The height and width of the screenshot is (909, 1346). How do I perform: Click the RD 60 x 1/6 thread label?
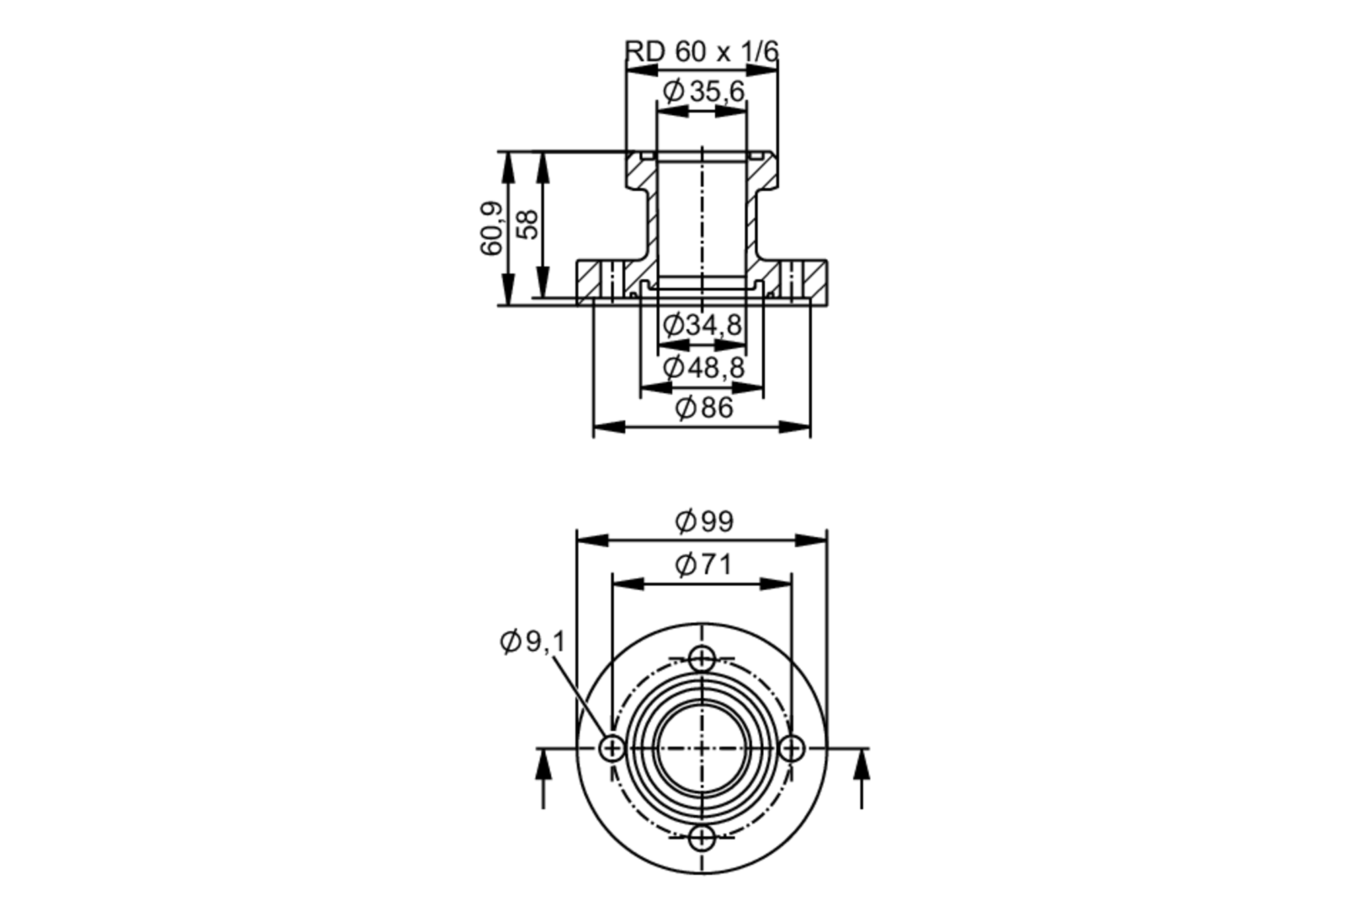point(701,52)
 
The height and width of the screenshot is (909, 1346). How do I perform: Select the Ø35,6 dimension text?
point(703,92)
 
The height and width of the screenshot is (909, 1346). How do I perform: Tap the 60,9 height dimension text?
point(492,228)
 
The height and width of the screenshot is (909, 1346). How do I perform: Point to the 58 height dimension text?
point(528,225)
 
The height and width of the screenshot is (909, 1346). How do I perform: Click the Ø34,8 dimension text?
point(702,325)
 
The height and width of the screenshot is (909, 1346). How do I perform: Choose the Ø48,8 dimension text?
point(703,368)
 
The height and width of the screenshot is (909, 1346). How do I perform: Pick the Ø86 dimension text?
point(703,408)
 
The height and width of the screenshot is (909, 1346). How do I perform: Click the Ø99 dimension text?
point(703,521)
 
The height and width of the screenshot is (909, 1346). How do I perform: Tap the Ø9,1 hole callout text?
point(533,642)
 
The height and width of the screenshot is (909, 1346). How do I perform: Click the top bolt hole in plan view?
point(702,659)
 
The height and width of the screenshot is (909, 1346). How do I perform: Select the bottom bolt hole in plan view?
point(702,838)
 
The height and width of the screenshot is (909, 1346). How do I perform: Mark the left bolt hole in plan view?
point(612,748)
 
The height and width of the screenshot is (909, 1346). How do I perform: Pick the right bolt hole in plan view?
point(792,748)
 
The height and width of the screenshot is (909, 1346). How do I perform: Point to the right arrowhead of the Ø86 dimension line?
point(795,427)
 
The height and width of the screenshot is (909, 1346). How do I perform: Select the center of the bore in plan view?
point(702,748)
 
